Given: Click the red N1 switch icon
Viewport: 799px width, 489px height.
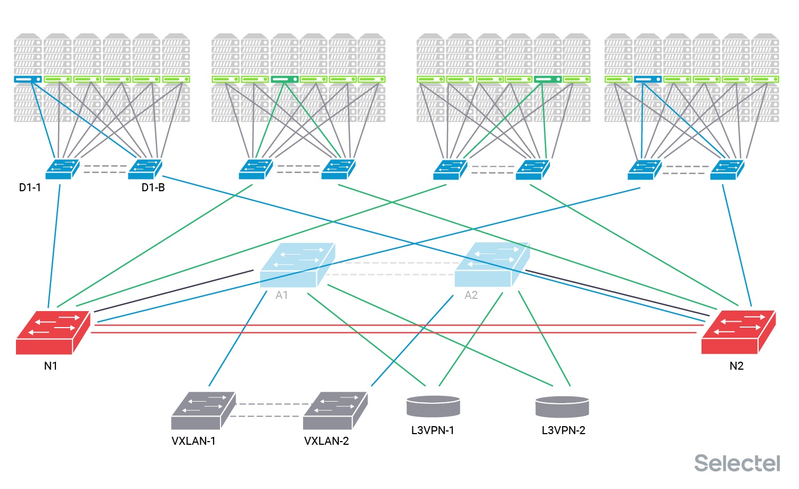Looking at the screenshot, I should pos(52,332).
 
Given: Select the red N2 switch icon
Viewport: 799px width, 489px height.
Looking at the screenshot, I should pos(738,332).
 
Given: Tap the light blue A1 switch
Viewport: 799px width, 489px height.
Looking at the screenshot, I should pos(297,265).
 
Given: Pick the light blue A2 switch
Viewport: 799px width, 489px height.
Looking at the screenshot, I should pos(491,265).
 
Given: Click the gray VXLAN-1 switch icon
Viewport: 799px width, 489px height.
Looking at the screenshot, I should pos(202,411).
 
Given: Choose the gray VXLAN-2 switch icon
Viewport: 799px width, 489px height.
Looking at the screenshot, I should pos(335,411).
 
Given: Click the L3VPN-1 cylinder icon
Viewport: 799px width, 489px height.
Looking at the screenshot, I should pos(433,406).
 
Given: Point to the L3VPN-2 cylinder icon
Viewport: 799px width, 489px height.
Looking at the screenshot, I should pos(562,407).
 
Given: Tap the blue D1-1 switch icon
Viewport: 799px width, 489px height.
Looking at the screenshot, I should pos(62,169).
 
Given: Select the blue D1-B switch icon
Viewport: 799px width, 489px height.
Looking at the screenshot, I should pos(144,169).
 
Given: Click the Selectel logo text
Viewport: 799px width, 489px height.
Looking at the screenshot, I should pos(737,463).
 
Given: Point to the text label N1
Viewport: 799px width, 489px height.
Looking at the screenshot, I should pos(51,366).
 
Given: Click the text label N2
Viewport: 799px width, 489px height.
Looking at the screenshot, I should pos(736,366).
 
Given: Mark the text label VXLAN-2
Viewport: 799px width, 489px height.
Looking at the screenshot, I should pos(327,441).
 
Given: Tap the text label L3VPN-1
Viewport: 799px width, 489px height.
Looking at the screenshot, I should pos(433,430).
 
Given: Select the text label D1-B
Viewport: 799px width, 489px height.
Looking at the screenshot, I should pos(153,188).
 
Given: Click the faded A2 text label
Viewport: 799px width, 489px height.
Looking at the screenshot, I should pos(471,295).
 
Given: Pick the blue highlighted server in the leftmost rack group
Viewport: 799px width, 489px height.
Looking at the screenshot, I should pos(28,79).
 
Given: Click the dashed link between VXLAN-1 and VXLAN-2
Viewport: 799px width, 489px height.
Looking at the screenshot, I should pos(269,410).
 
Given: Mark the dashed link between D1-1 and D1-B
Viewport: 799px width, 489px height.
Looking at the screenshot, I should pos(105,169).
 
